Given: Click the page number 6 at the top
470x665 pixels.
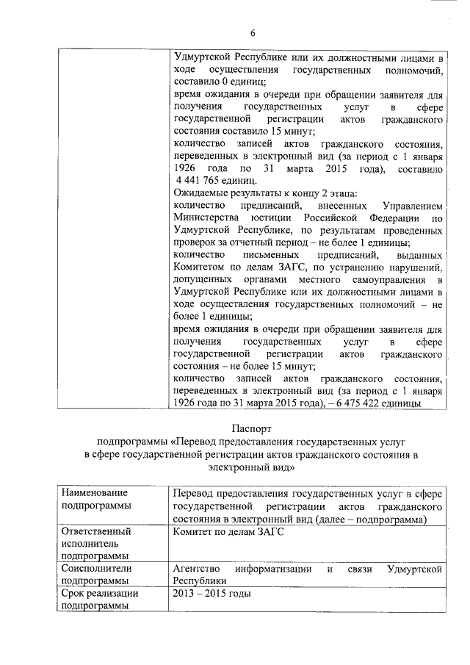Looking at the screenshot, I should pos(252,32).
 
